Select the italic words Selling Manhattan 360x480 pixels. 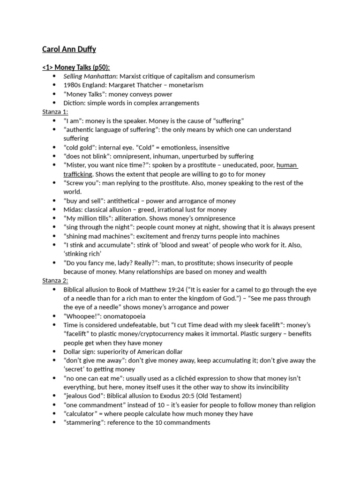[x=90, y=76]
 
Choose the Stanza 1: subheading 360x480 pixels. [x=55, y=112]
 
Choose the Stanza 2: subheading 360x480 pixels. [x=55, y=280]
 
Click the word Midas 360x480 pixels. [x=73, y=210]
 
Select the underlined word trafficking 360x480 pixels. [x=80, y=174]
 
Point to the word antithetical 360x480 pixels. [x=128, y=201]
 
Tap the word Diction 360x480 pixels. [x=74, y=103]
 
